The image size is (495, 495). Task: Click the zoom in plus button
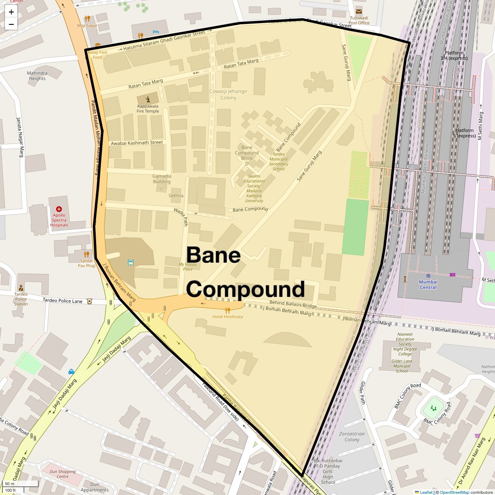(11, 12)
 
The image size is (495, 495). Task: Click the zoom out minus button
(11, 24)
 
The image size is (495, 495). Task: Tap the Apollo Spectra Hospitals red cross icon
(59, 210)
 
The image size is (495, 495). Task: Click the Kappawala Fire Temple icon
(148, 99)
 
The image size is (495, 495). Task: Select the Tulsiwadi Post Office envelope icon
(359, 11)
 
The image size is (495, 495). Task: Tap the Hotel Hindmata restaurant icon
(227, 310)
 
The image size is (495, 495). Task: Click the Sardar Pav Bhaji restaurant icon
(86, 255)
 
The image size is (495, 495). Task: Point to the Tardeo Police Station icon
(21, 288)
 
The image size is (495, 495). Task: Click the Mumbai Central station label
(428, 285)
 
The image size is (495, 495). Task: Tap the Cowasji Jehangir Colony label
(228, 94)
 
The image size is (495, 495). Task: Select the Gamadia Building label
(162, 179)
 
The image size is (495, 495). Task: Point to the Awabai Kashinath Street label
(137, 143)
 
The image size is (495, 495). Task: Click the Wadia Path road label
(181, 217)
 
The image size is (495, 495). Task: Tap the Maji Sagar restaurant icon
(87, 18)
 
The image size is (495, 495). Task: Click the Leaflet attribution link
(426, 492)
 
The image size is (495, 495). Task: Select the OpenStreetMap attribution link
(454, 492)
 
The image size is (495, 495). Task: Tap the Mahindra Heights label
(37, 76)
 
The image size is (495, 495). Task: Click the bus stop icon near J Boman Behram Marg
(131, 262)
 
